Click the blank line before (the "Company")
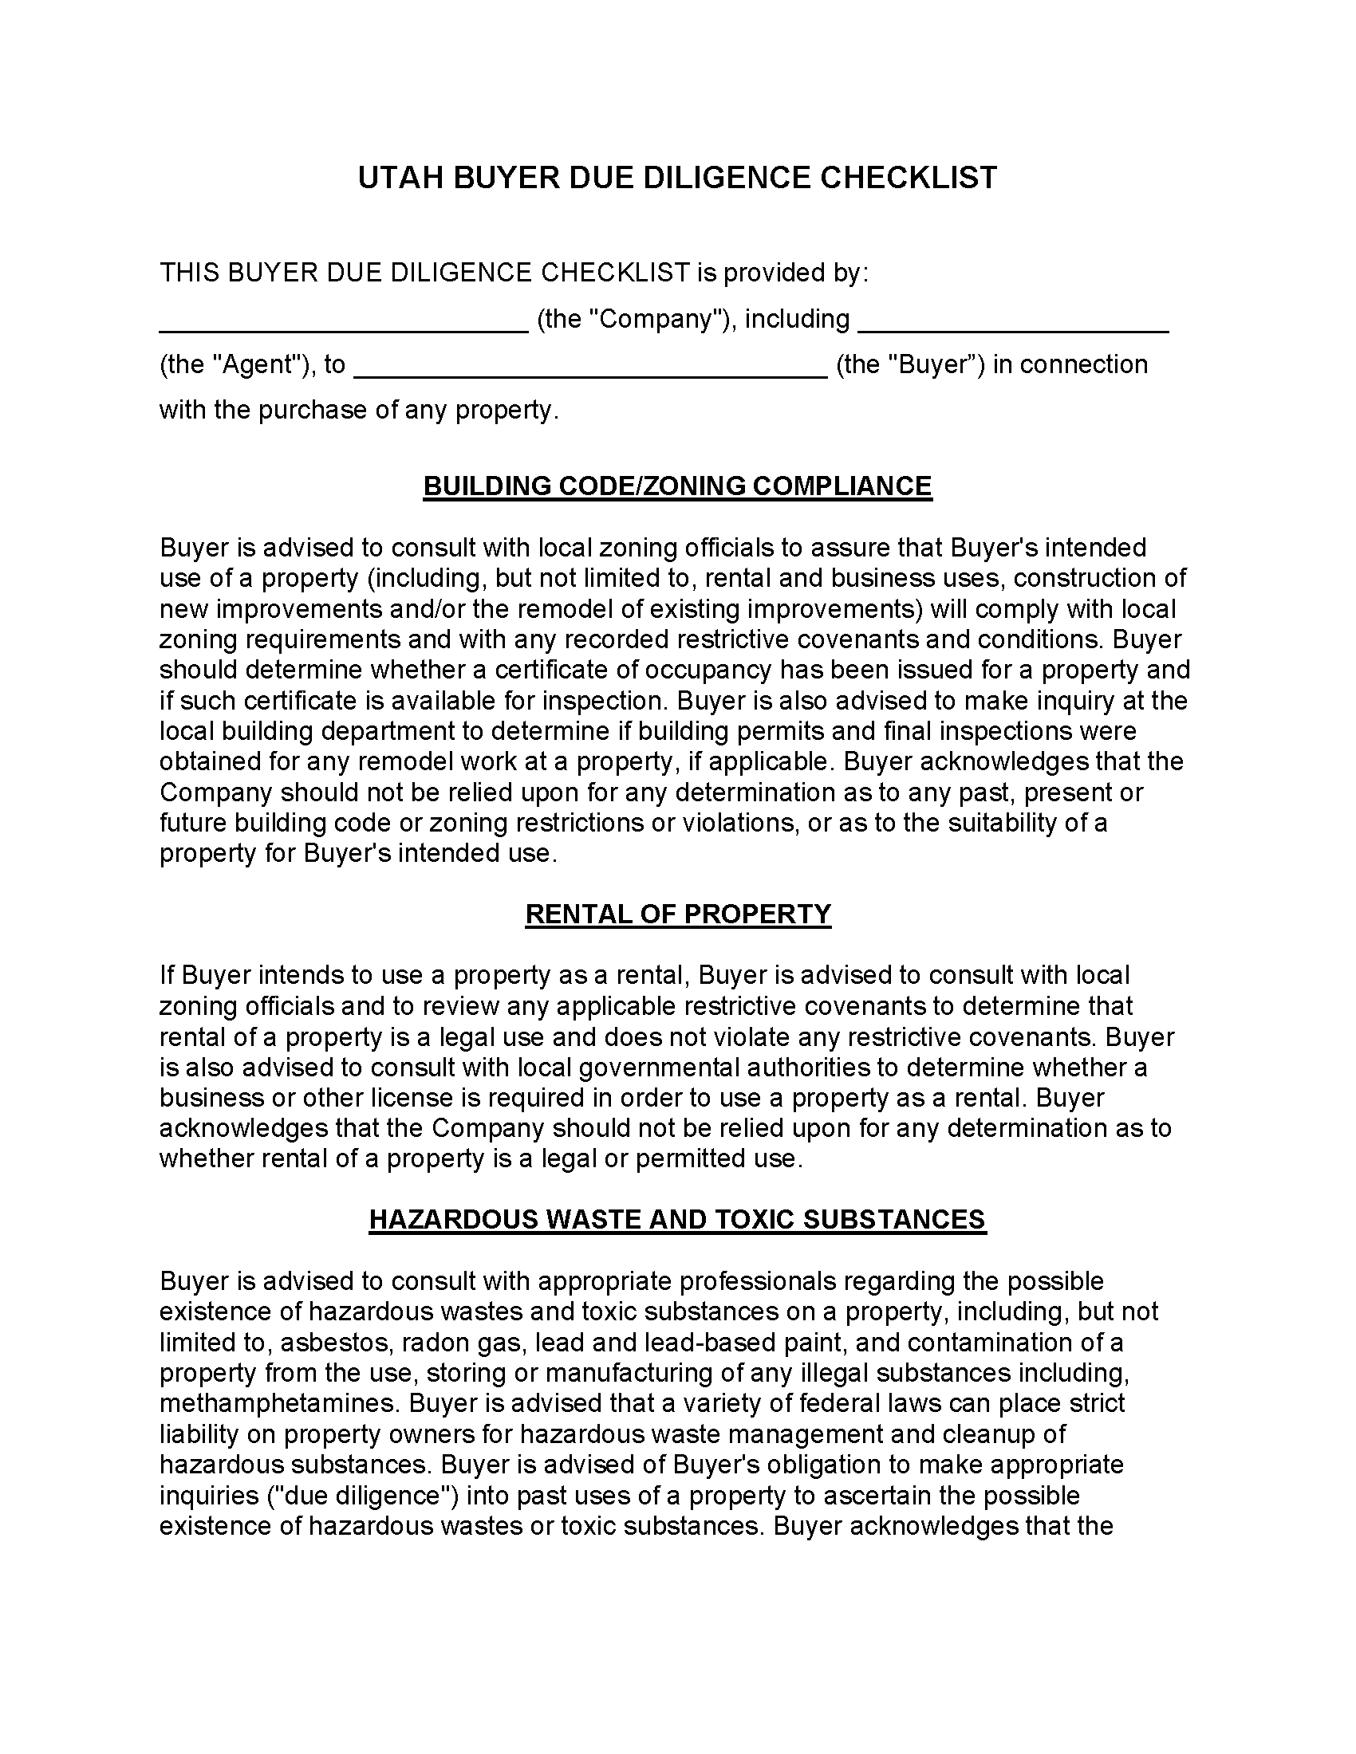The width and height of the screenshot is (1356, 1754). [x=344, y=328]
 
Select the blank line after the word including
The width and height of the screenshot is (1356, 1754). [x=1013, y=328]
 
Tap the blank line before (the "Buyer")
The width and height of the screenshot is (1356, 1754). [x=590, y=373]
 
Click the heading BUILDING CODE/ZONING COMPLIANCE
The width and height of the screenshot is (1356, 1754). [x=677, y=486]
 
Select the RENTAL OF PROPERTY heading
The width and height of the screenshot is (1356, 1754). [x=677, y=914]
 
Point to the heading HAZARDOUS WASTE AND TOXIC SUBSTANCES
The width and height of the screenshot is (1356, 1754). [x=677, y=1219]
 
